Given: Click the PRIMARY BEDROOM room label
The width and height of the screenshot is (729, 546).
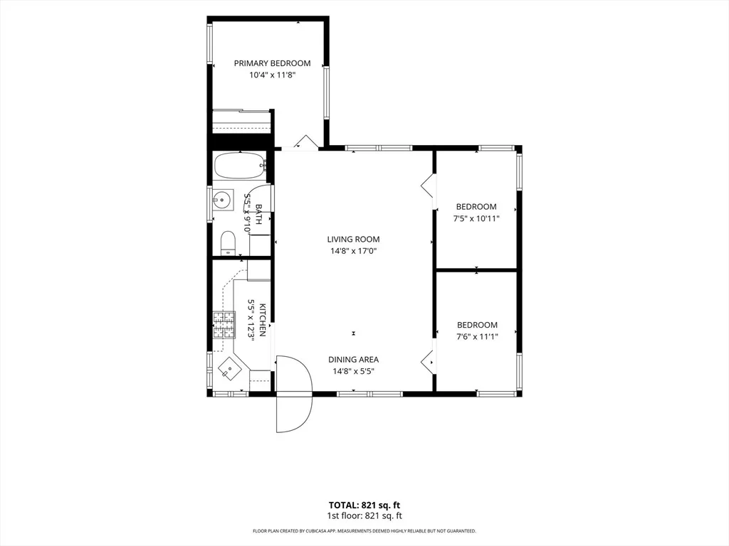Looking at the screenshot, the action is [272, 63].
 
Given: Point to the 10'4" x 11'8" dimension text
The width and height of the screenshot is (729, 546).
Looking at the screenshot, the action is [273, 75].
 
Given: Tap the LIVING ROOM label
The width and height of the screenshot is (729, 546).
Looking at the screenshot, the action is [353, 239].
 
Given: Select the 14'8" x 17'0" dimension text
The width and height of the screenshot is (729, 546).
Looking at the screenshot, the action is [353, 251].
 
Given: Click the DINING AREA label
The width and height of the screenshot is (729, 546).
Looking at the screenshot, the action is [353, 359].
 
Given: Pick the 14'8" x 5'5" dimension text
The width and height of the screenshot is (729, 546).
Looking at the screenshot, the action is [353, 371].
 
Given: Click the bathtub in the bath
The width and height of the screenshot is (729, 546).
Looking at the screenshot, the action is [240, 166].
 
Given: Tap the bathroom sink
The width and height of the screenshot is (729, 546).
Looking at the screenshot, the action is [222, 200].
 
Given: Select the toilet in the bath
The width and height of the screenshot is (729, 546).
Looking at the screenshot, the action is [228, 243].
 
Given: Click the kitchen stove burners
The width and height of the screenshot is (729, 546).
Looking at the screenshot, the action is [224, 324].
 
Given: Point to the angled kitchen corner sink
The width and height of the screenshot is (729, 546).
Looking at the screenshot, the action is [230, 369].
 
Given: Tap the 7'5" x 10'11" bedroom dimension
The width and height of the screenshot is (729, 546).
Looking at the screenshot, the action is [476, 219].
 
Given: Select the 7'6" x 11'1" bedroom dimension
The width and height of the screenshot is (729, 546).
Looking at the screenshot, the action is [477, 336].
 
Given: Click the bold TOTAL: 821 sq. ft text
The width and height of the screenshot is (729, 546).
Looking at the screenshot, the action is [364, 505].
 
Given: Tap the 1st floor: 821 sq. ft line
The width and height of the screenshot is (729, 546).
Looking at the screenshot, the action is [364, 515].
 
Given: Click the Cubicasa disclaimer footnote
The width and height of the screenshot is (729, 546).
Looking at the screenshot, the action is [364, 530].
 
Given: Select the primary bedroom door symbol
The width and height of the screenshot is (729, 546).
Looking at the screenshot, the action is [305, 141].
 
